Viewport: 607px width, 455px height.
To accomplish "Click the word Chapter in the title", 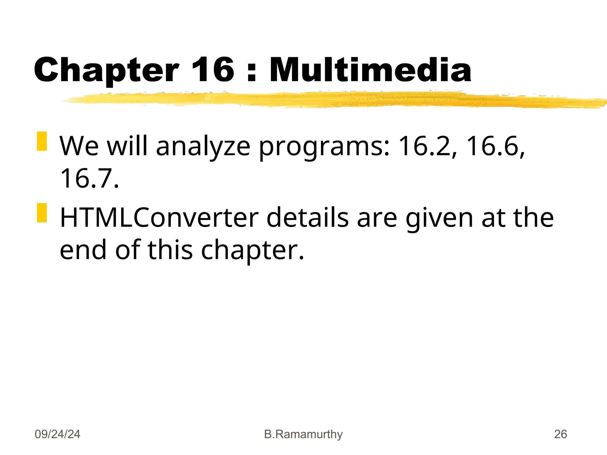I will (x=106, y=71).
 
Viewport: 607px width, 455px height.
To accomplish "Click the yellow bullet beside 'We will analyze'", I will (x=42, y=141).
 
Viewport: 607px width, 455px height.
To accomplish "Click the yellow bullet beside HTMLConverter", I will (x=42, y=213).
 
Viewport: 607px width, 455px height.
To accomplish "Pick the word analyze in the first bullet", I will (x=203, y=146).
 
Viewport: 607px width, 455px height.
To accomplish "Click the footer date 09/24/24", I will (x=57, y=434).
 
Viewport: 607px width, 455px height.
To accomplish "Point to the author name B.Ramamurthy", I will (x=303, y=434).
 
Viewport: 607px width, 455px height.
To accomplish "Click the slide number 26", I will (x=560, y=434).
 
